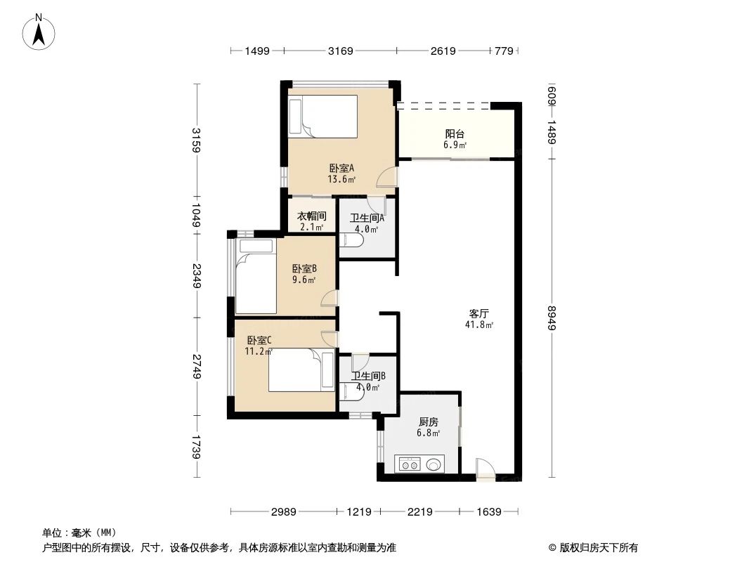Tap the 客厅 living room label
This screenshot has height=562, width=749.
479,313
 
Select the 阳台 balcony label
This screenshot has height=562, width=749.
455,133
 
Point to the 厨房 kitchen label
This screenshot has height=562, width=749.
429,421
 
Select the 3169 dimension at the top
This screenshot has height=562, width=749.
339,51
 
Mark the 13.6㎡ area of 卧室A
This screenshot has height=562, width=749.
341,179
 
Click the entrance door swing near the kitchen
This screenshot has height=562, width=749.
485,469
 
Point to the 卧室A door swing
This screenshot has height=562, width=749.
386,178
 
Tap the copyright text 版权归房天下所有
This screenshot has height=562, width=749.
598,547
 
